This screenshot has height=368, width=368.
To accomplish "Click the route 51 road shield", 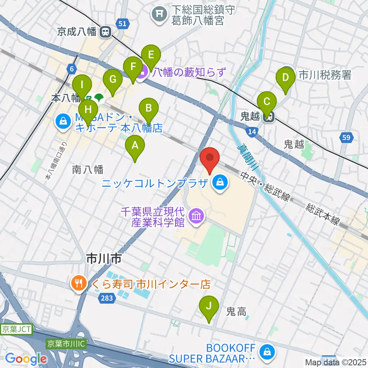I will click(122, 24).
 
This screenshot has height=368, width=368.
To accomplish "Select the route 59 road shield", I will click(346, 137).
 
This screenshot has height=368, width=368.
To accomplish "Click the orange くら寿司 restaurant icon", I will click(79, 284).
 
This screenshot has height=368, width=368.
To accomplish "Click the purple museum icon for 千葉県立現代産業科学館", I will click(196, 217).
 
